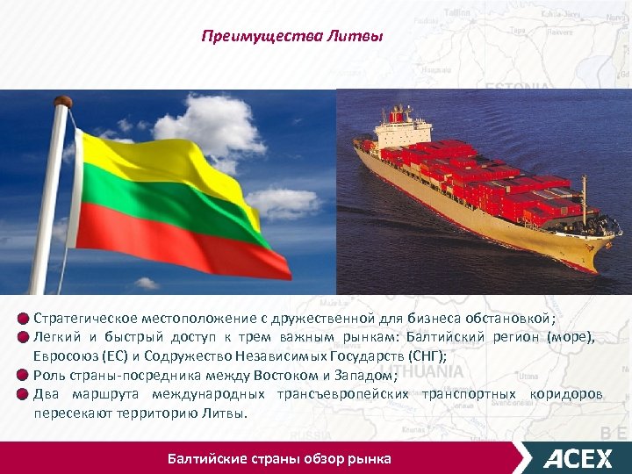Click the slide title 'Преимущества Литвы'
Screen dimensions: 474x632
[291, 36]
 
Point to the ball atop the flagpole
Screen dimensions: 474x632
[62, 104]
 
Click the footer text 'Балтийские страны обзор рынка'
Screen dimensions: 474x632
[279, 458]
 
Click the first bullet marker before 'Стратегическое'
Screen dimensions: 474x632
[23, 318]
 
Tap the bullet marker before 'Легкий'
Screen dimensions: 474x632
[23, 337]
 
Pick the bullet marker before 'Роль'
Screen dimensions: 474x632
[23, 375]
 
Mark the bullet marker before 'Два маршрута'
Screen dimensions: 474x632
[23, 393]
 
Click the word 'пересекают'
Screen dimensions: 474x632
[71, 413]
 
